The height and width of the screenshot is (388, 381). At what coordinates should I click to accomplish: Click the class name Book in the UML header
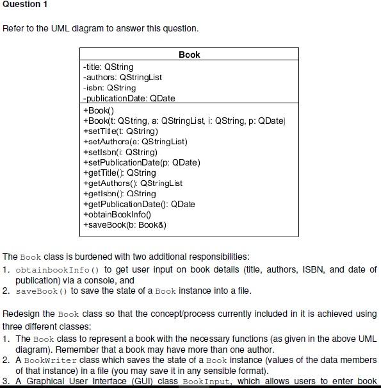(x=190, y=55)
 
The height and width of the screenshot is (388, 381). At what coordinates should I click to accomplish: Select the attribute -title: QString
(x=108, y=67)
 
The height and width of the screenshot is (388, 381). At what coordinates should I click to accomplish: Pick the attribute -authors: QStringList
(x=122, y=77)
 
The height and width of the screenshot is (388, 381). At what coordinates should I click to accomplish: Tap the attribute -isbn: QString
(x=109, y=87)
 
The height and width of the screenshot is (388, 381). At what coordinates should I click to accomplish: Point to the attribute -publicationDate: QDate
(x=129, y=98)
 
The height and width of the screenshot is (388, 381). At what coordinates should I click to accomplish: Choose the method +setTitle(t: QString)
(x=120, y=131)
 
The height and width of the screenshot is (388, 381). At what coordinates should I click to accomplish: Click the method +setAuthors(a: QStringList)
(x=135, y=141)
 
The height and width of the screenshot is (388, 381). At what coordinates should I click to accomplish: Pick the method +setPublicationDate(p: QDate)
(x=142, y=162)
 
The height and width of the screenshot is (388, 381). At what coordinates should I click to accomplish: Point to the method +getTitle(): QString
(x=119, y=173)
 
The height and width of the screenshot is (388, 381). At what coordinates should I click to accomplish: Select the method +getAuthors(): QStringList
(x=133, y=183)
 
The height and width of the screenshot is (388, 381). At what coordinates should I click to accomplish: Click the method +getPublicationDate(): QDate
(x=139, y=204)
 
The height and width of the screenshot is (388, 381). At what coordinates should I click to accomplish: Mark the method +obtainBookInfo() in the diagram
(x=117, y=214)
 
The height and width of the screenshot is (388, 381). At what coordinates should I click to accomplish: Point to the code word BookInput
(x=204, y=382)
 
